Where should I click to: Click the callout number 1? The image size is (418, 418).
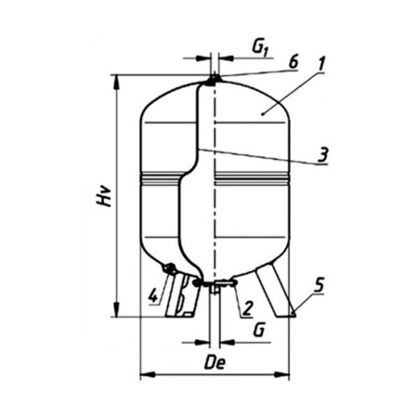[320, 64]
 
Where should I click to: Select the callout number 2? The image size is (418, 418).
[248, 308]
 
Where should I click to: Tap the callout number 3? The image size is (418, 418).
[322, 155]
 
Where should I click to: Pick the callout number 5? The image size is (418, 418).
[319, 285]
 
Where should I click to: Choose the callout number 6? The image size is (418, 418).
[293, 63]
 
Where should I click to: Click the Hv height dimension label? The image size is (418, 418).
[103, 196]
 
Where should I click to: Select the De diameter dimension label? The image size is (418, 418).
[215, 362]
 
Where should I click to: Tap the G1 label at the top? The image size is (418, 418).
[259, 48]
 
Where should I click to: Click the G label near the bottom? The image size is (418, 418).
[259, 330]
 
